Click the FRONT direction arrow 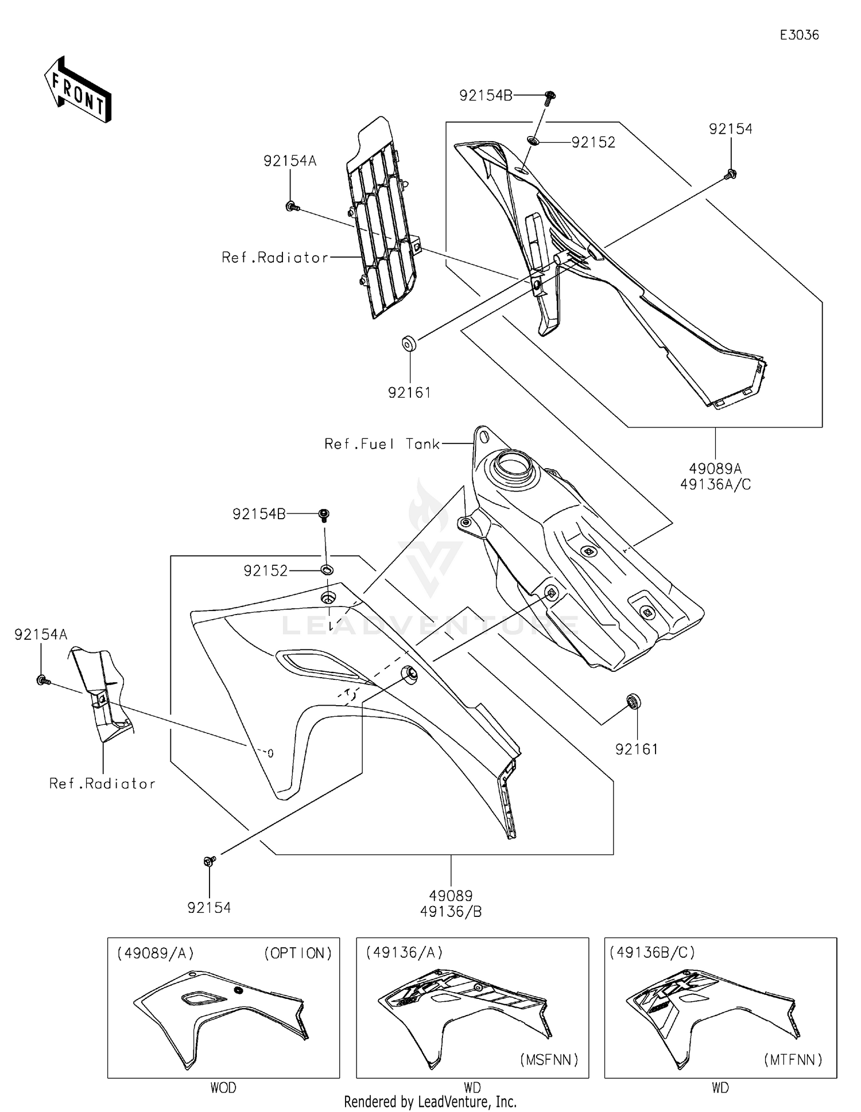point(77,91)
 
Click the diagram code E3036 point(799,35)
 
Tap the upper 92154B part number point(486,96)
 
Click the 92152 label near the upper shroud point(593,142)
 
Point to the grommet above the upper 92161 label point(409,344)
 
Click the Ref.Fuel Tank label point(382,444)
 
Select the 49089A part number point(715,469)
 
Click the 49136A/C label point(715,485)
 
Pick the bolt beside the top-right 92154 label point(731,174)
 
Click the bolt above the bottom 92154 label point(210,861)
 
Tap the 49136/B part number point(451,911)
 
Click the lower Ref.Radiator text point(102,784)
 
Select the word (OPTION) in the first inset point(298,953)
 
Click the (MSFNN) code point(549,1060)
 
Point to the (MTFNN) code point(793,1060)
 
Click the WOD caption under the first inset point(223,1087)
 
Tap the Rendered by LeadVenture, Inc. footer point(430,1102)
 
